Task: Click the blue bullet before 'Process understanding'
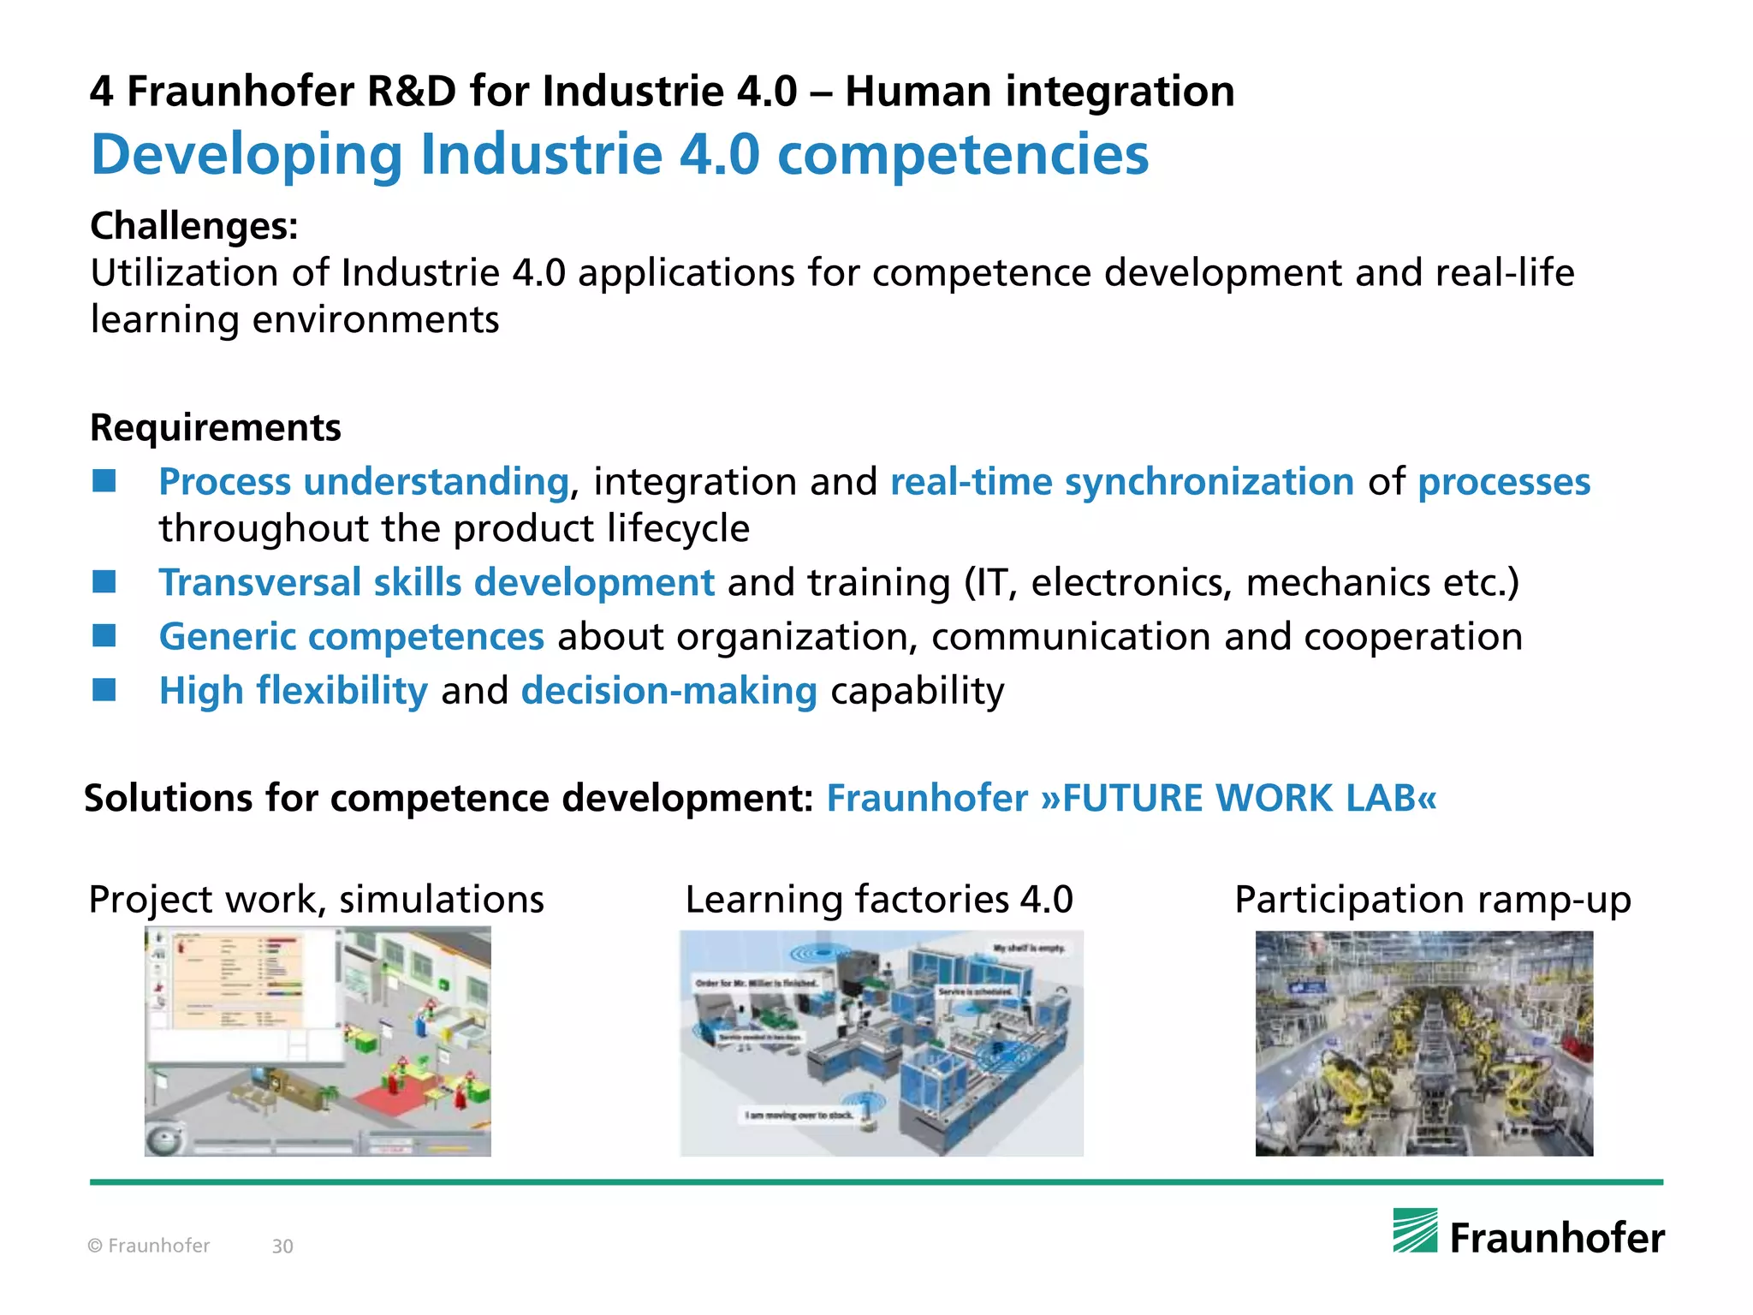(104, 481)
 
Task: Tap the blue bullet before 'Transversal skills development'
(104, 582)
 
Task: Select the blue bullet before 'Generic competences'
(104, 636)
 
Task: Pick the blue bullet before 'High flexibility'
(104, 690)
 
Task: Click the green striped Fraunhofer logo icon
(1415, 1230)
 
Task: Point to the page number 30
(282, 1247)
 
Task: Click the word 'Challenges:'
(194, 226)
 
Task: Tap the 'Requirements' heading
(216, 427)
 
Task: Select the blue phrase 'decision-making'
(669, 691)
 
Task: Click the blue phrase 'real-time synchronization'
(1122, 482)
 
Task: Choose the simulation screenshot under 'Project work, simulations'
(318, 1042)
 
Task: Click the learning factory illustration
(882, 1044)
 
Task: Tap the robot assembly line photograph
(1424, 1044)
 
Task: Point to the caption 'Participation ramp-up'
(1433, 900)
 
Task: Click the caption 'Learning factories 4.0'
(879, 900)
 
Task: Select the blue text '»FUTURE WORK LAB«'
(1239, 798)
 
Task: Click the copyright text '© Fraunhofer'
(149, 1246)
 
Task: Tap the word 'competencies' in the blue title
(963, 155)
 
